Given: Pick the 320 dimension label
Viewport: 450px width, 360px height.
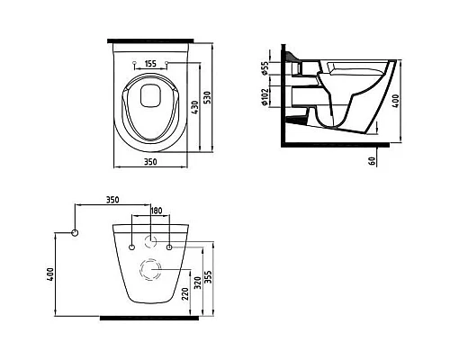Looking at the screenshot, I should (197, 281).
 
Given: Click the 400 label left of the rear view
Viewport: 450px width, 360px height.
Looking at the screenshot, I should (51, 273).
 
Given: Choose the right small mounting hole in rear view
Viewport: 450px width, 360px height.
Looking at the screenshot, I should (169, 246).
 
